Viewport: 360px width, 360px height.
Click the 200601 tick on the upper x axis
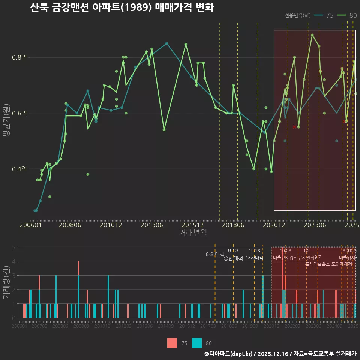coord(30,225)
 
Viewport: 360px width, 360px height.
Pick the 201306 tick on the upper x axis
coord(151,225)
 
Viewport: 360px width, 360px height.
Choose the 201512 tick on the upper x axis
coord(192,225)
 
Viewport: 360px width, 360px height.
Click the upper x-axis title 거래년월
coord(193,233)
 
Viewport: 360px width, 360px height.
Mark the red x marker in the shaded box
coord(294,127)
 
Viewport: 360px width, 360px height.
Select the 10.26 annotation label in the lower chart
coord(285,251)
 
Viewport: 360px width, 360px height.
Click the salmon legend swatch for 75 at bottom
coord(172,343)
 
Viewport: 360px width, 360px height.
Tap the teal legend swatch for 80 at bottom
coord(197,343)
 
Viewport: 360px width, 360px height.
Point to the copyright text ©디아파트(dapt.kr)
coord(229,354)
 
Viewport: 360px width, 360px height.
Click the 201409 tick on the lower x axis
coord(165,326)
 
